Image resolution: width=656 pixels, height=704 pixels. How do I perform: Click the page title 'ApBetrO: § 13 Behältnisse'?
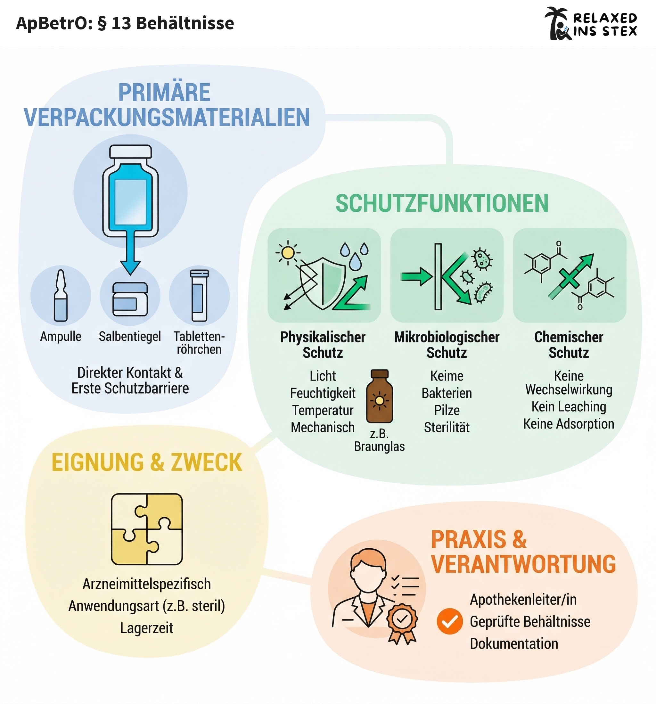125,23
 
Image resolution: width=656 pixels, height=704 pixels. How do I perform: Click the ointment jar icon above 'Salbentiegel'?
130,299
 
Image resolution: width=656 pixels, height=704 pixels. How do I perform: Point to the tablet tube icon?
200,296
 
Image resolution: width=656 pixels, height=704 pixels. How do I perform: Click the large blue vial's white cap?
130,151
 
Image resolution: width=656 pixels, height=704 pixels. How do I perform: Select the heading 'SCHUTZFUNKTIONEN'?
442,204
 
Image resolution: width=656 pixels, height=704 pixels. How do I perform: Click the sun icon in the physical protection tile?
288,252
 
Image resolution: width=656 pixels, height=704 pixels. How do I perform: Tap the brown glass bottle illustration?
379,397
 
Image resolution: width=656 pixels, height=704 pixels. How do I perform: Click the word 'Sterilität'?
446,427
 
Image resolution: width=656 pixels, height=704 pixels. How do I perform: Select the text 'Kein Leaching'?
569,406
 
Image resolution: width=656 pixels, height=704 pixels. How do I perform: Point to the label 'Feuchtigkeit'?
322,393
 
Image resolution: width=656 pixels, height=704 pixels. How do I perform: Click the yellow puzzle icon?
147,529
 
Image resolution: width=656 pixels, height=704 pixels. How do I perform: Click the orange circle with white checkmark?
449,621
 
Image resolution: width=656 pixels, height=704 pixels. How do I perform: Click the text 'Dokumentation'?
513,644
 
